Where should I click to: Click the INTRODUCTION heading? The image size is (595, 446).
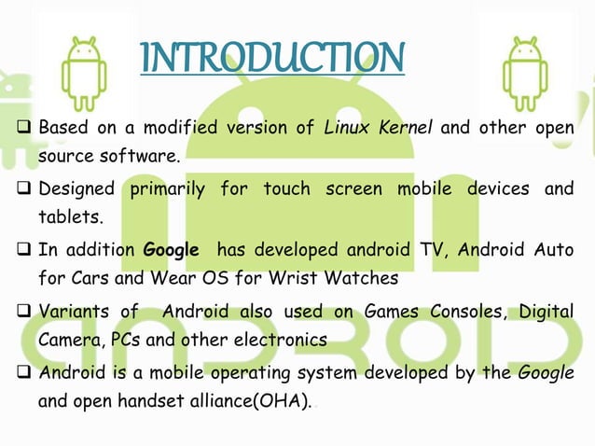pyautogui.click(x=271, y=57)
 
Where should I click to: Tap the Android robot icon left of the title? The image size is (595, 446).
pyautogui.click(x=84, y=64)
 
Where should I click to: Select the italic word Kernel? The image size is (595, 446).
pyautogui.click(x=405, y=128)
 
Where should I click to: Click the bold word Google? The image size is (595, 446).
pyautogui.click(x=171, y=250)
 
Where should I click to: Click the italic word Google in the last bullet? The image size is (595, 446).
pyautogui.click(x=545, y=372)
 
